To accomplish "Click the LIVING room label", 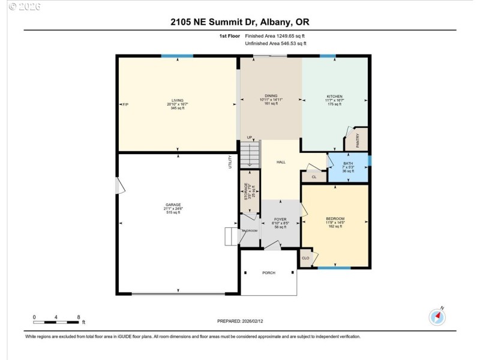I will pos(176,101).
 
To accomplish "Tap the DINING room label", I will pos(271,95).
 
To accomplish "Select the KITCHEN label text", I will pos(334,96).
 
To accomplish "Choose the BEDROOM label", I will pos(335,218).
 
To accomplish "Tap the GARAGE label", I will pos(173,205).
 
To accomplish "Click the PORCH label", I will pos(269,273).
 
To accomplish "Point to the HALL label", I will pos(281,163).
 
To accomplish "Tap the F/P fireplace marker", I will pos(125,104).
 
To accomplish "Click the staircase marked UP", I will pos(250,154).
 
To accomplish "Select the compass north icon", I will pos(437,316).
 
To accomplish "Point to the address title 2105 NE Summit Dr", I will pos(240,23).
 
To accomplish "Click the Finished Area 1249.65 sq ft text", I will pos(276,36).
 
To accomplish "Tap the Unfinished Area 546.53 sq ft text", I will pos(276,44).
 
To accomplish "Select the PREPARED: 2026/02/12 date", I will pos(240,322).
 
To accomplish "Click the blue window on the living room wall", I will pos(176,56).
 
